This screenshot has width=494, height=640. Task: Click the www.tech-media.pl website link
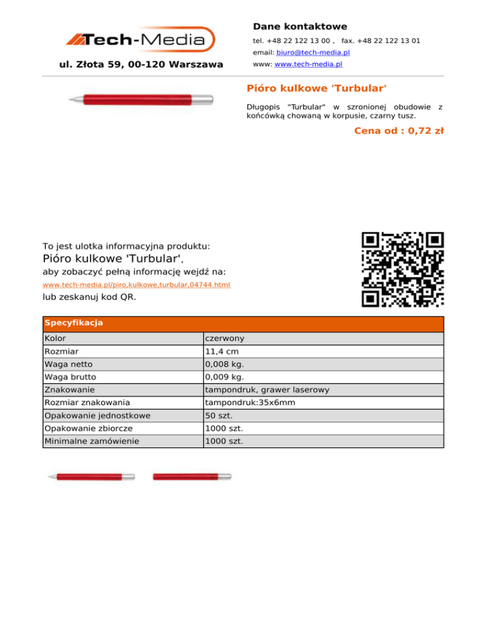point(308,64)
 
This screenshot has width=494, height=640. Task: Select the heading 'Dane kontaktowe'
point(300,26)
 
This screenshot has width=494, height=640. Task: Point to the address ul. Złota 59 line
point(141,64)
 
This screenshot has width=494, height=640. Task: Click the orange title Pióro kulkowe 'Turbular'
point(316,87)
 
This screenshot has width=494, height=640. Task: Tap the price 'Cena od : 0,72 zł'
point(399,131)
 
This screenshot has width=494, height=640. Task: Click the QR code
point(403,270)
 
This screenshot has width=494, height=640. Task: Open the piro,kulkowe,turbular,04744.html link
point(136,285)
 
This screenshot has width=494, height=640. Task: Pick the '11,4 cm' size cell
point(222,352)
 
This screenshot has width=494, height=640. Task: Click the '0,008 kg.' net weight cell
point(224,364)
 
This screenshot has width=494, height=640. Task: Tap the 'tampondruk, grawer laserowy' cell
point(267,390)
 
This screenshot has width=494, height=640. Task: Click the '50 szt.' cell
point(219,416)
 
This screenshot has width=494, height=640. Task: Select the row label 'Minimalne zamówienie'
point(89,442)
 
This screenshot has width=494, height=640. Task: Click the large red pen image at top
point(141,99)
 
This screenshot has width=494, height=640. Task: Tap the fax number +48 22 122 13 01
point(390,41)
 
